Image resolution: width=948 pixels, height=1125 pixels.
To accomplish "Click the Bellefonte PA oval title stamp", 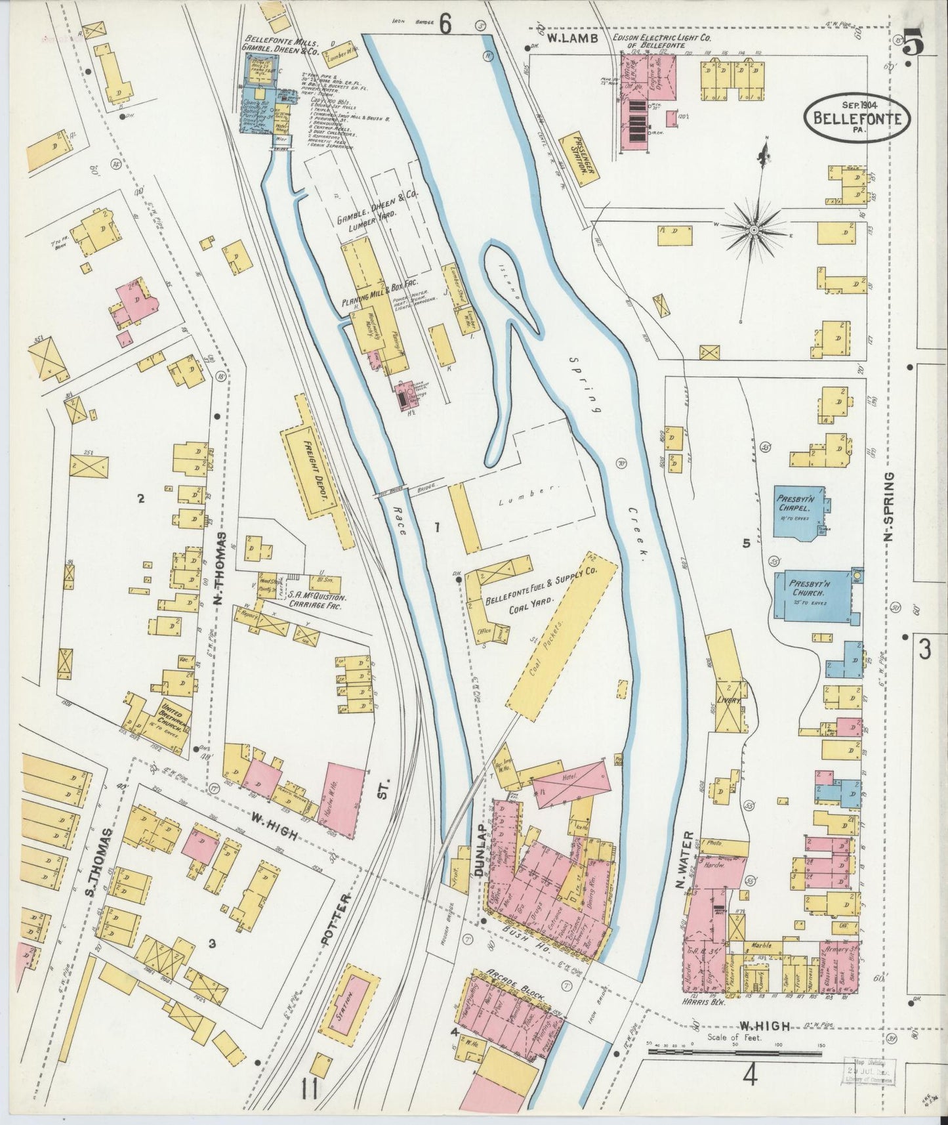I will coord(857,117).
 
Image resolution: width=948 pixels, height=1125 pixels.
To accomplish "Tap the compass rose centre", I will coord(754,230).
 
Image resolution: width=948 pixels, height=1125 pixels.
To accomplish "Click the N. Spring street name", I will coord(889,506).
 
